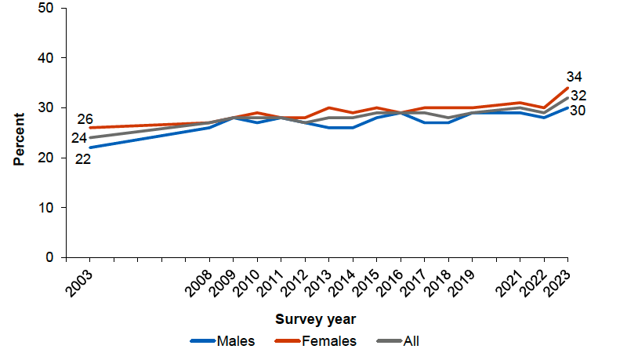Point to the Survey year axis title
click(x=316, y=319)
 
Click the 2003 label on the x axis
click(x=80, y=281)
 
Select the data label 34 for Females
click(x=575, y=77)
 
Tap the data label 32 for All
click(x=579, y=96)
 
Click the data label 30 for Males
click(x=579, y=111)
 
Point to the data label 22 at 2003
click(x=83, y=158)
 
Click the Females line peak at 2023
click(x=567, y=88)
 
